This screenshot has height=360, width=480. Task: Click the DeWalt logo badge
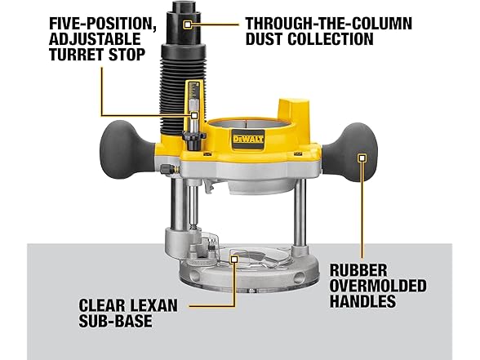pos(248,139)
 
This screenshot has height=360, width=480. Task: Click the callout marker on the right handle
pos(362,158)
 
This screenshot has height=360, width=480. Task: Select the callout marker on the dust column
pos(188,24)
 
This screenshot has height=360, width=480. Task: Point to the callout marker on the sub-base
pos(234,259)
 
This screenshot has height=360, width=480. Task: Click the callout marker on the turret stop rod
pos(194,115)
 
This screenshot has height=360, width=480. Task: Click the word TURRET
pos(76,55)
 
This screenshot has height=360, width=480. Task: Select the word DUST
pos(264,39)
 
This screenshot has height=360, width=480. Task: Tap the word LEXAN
pos(154,305)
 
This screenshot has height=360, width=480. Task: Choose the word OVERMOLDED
pos(378,286)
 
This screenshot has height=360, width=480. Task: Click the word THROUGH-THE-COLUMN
pos(329,23)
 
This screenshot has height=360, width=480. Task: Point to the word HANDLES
pos(362,300)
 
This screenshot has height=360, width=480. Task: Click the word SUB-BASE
pos(115,321)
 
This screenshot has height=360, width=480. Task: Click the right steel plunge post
pos(300,213)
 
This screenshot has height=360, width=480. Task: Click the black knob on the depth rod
pos(193,139)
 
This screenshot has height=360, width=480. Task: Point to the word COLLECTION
pos(331,39)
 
